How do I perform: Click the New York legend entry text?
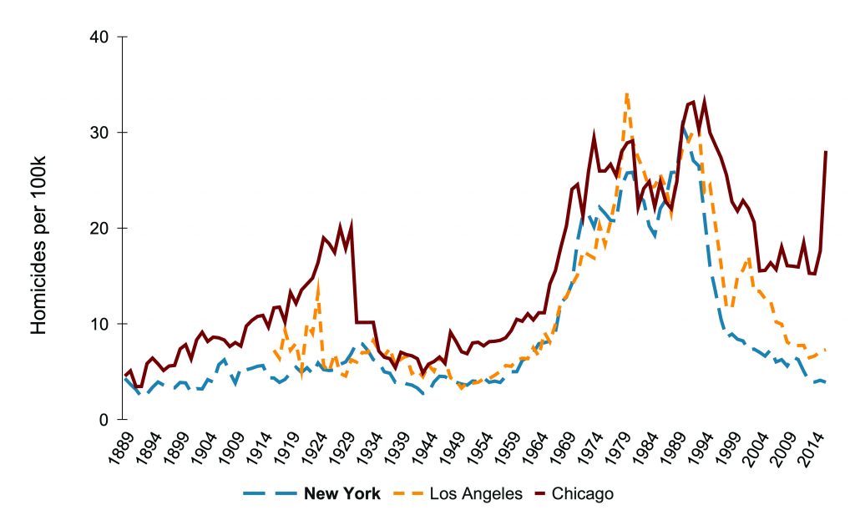pos(342,493)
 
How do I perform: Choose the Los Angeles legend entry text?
pos(476,493)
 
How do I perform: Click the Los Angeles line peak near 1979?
pos(626,94)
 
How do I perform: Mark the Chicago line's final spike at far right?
pos(826,152)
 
